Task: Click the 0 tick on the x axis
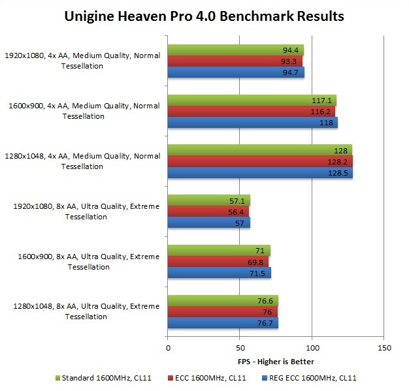(168, 348)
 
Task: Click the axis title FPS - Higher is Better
(276, 361)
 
